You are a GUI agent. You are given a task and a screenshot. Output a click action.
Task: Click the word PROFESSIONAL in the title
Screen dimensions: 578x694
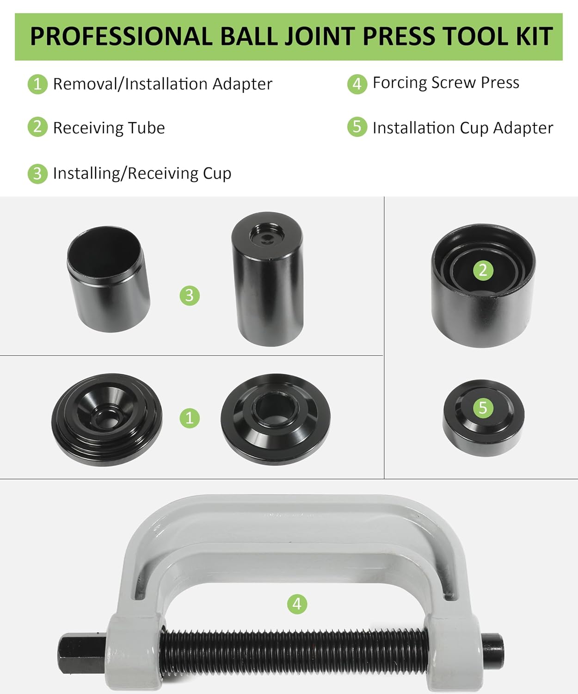121,36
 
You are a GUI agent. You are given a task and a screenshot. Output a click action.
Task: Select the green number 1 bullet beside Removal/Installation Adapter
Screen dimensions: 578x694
37,84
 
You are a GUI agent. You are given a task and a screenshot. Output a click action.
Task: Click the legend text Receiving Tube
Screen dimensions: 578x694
109,128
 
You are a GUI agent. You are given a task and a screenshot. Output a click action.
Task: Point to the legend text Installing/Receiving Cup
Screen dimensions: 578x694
142,173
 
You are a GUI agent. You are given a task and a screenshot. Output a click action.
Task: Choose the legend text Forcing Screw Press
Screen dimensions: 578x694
446,83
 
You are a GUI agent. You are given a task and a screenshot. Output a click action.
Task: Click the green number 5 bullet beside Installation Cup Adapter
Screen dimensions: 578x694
357,127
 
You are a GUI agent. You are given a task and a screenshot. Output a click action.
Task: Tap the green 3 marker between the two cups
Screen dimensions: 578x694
189,296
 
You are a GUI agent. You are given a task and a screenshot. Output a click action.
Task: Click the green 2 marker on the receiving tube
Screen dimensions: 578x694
483,270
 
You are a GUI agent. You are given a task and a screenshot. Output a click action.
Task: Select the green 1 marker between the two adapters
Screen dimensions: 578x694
189,418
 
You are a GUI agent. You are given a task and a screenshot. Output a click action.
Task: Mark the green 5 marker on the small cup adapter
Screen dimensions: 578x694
483,408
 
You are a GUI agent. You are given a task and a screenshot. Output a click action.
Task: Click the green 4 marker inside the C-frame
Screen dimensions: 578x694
297,604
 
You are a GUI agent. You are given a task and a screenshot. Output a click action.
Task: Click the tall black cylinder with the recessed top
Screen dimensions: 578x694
267,279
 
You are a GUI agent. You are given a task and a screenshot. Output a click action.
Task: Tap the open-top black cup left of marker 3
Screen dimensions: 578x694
108,279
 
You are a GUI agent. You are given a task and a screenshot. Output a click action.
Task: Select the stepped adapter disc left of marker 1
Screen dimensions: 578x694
107,420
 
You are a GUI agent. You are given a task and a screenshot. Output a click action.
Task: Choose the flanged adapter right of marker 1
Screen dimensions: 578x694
276,419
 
